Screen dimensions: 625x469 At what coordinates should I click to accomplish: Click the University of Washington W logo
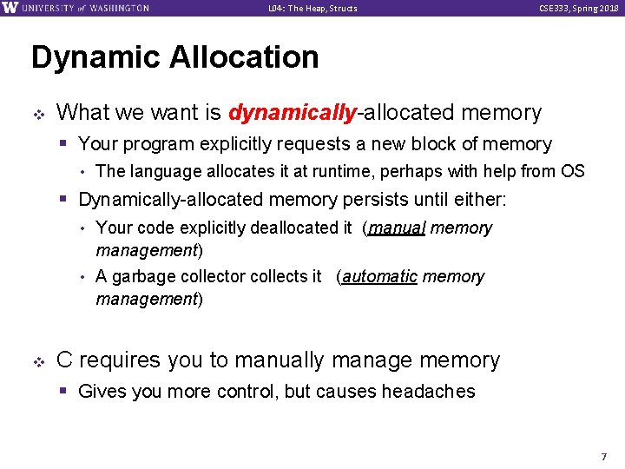pyautogui.click(x=10, y=8)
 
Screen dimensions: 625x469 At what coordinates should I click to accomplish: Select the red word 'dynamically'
pyautogui.click(x=292, y=113)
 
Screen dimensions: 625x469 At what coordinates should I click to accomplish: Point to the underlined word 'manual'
pyautogui.click(x=397, y=228)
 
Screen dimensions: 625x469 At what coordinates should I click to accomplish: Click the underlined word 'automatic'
pyautogui.click(x=379, y=277)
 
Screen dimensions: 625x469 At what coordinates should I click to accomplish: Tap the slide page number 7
pyautogui.click(x=604, y=456)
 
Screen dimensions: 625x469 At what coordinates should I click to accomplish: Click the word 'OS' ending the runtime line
pyautogui.click(x=573, y=171)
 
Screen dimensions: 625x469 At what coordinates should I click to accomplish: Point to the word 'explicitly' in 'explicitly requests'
pyautogui.click(x=229, y=144)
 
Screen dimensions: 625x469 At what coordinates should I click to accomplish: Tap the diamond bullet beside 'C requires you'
pyautogui.click(x=38, y=360)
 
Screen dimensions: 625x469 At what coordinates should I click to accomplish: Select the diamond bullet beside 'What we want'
pyautogui.click(x=38, y=113)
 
